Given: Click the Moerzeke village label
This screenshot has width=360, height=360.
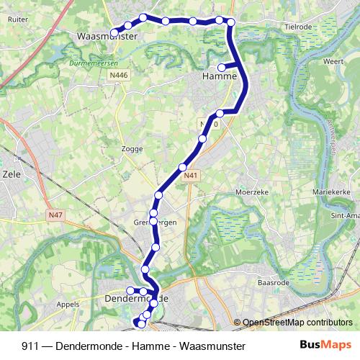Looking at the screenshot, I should tap(252, 192).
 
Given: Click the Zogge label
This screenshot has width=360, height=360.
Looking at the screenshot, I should tap(133, 149).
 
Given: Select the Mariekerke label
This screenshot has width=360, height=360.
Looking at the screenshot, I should tap(330, 193).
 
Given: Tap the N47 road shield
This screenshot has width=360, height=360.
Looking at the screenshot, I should tap(56, 214).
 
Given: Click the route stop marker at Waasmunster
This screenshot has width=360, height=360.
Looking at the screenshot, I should tap(114, 32).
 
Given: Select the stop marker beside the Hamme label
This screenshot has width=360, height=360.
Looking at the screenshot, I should tap(222, 68).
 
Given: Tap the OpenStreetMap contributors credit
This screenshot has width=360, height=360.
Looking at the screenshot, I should tap(297, 323).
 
